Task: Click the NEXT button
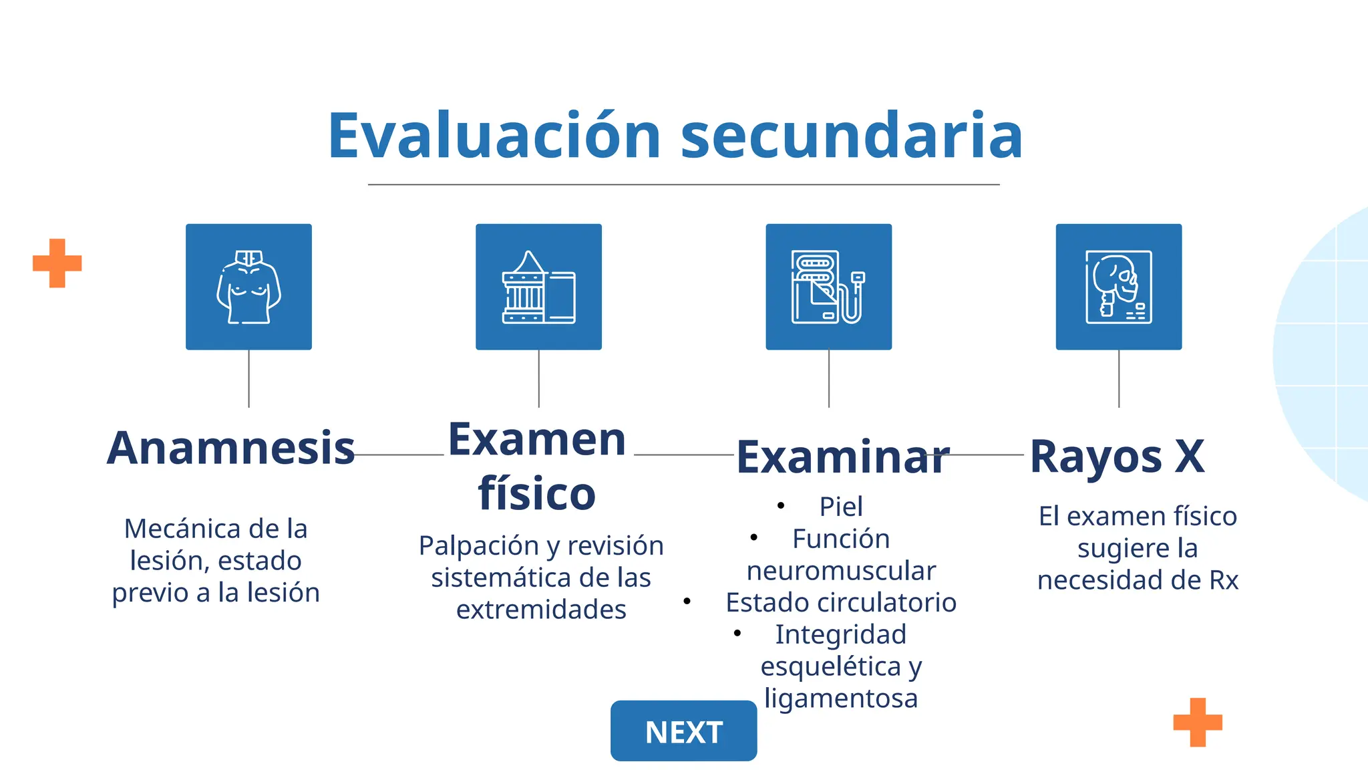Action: point(683,731)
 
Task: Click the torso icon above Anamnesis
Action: point(248,287)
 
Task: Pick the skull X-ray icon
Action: point(1118,287)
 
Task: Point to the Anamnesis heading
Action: point(230,448)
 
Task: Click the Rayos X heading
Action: point(1117,457)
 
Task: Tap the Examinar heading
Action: point(843,458)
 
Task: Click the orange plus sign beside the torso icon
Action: point(57,263)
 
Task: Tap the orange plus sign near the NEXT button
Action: point(1198,722)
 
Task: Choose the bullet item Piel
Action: point(841,507)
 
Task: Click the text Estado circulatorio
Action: point(841,602)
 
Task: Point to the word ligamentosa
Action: point(841,698)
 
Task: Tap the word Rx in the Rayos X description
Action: point(1224,580)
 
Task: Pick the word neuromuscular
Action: point(841,571)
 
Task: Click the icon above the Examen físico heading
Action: point(538,287)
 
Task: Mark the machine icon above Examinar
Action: point(828,287)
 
